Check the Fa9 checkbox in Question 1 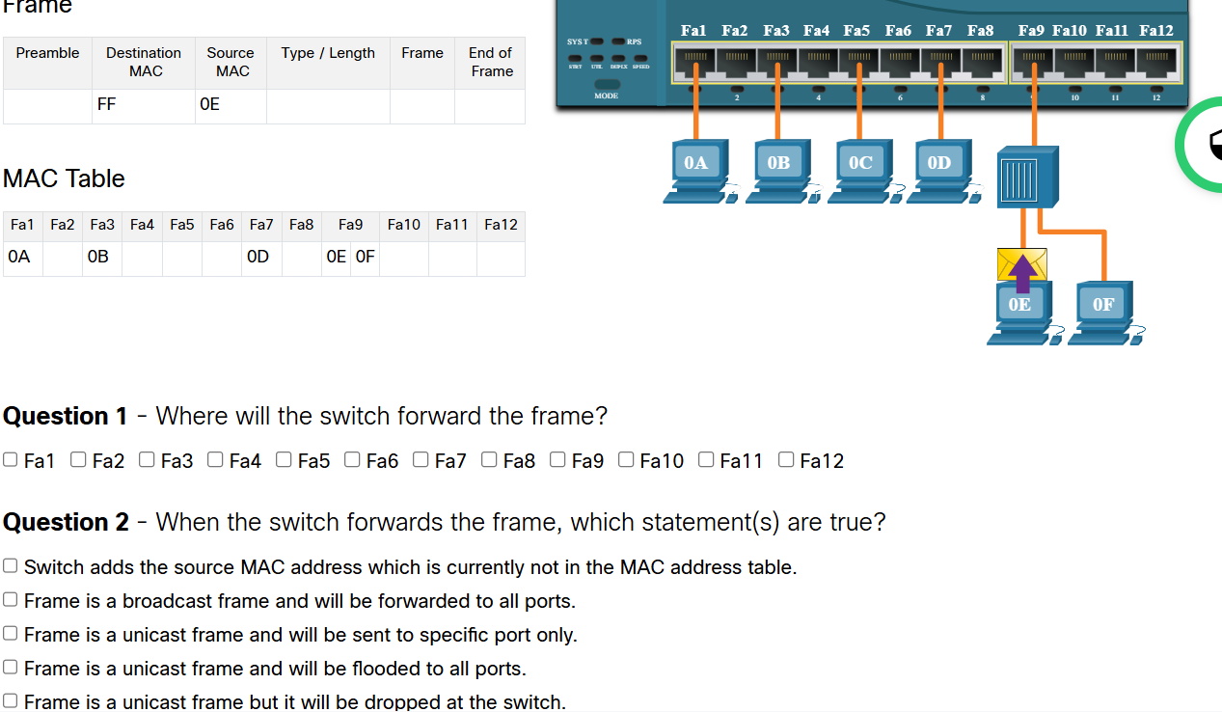pos(557,459)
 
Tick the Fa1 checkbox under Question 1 pos(11,459)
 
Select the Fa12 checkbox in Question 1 pos(786,459)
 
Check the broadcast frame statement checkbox pos(11,599)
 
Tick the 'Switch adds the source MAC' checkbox pos(11,565)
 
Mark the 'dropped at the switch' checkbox pos(11,700)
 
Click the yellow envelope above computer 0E pos(1021,263)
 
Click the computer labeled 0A pos(696,171)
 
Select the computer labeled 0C pos(860,171)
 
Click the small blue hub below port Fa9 pos(1027,177)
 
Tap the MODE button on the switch pos(607,86)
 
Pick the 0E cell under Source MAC pos(231,105)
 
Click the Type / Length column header pos(328,53)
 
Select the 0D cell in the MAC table pos(260,258)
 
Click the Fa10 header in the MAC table pos(403,225)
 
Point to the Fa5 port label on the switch pos(856,31)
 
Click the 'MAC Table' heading pos(64,178)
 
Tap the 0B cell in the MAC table pos(100,258)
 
